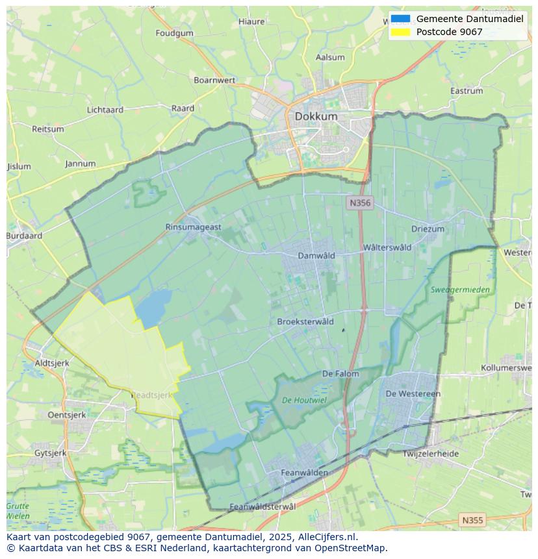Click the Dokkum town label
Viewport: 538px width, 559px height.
[316, 116]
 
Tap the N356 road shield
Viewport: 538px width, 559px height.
[359, 203]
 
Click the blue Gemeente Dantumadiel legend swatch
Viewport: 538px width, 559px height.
[401, 19]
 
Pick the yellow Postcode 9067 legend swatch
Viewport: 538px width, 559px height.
[401, 32]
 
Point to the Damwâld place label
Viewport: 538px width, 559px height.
[316, 256]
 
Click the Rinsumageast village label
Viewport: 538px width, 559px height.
[194, 227]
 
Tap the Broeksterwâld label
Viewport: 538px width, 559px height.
[305, 322]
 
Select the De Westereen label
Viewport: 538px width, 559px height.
[413, 393]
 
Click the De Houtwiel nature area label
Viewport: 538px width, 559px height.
[304, 401]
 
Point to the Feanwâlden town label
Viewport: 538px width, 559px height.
[304, 473]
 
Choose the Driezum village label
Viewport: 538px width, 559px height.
[428, 229]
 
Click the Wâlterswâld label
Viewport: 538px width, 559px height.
[387, 247]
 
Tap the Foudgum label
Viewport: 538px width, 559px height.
[174, 33]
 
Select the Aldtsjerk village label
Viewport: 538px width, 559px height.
[51, 363]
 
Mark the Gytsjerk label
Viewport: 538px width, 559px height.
[50, 453]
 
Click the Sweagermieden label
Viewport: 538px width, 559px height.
[460, 290]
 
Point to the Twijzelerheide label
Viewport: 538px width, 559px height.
[430, 454]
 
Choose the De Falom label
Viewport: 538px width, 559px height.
[340, 374]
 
